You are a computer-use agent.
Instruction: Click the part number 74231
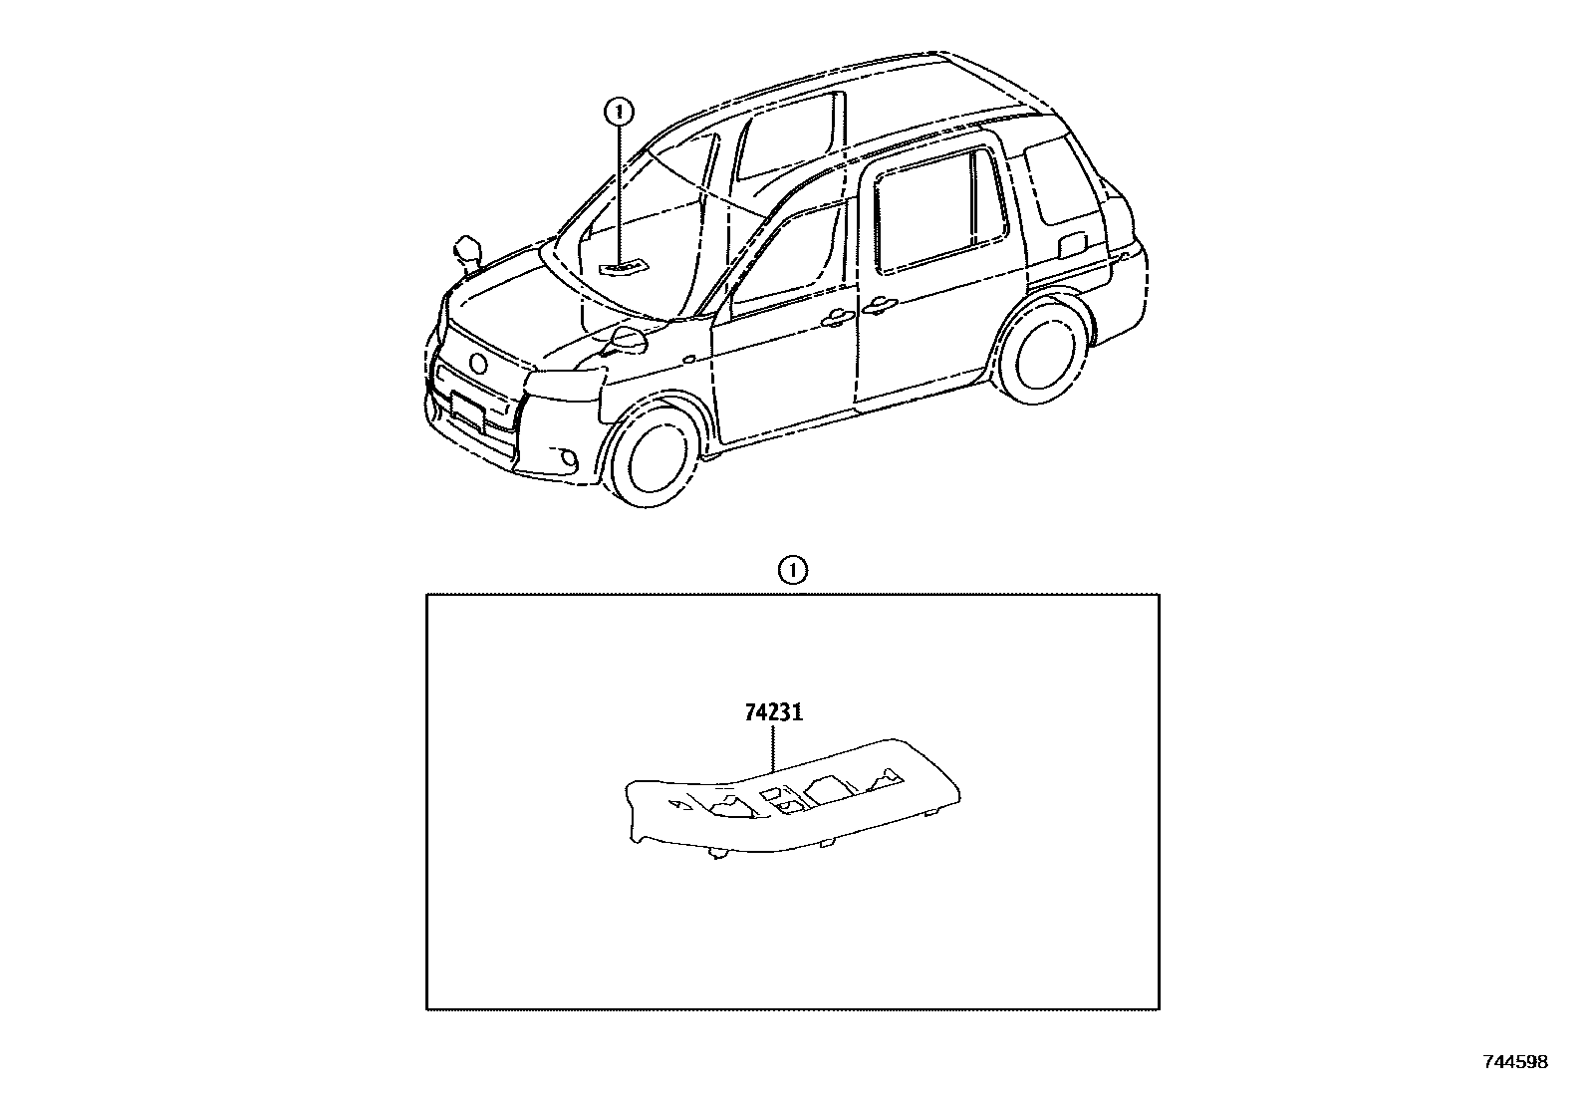click(x=773, y=713)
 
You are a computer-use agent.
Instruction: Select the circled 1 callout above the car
click(x=620, y=111)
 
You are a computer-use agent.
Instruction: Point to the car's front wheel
click(x=656, y=456)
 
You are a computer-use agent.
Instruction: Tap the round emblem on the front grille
click(x=479, y=363)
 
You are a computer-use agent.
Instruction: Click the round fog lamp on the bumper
click(x=568, y=459)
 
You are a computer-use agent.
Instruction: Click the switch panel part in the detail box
click(x=792, y=797)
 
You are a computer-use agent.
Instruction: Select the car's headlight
click(x=565, y=381)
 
